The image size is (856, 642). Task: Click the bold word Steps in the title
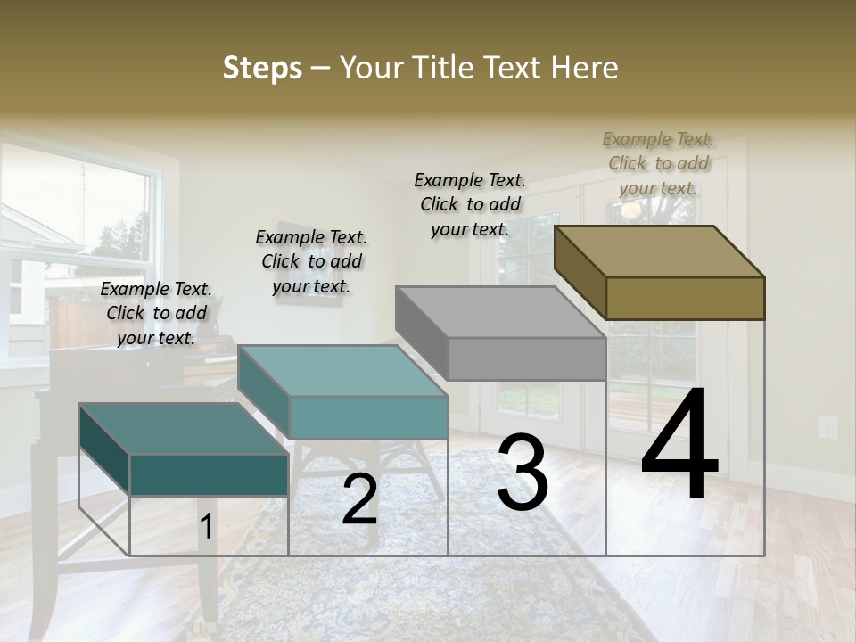[x=262, y=68]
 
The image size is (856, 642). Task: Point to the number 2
[x=359, y=500]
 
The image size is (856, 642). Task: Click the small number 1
[x=206, y=527]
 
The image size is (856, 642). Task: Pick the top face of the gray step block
[x=500, y=312]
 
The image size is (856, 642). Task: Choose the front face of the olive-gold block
[x=685, y=298]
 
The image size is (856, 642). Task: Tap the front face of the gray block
[x=526, y=358]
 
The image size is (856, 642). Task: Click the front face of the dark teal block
[x=209, y=474]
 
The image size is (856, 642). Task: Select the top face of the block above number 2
[x=342, y=371]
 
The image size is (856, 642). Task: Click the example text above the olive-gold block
[x=658, y=163]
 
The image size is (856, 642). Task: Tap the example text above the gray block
[x=470, y=204]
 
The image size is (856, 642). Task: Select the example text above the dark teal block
[x=156, y=313]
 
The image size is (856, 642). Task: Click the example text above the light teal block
[x=311, y=261]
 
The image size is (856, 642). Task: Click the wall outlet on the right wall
[x=827, y=427]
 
